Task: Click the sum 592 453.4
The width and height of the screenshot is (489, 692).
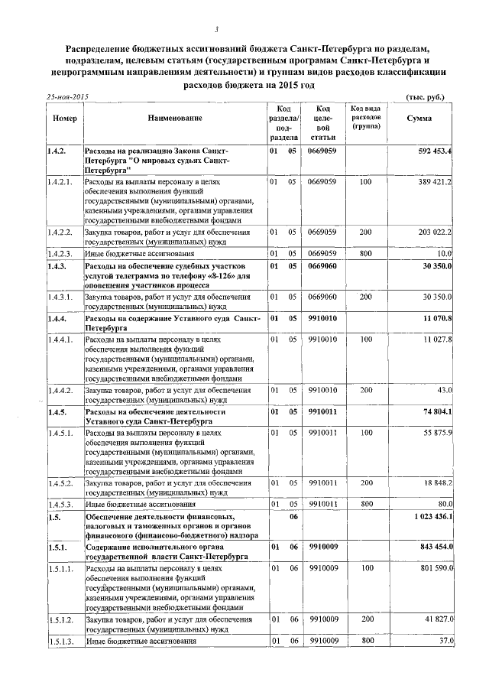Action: pyautogui.click(x=436, y=151)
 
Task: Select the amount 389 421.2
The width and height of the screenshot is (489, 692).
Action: pyautogui.click(x=436, y=182)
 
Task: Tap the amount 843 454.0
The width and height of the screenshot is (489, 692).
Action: pyautogui.click(x=436, y=547)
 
